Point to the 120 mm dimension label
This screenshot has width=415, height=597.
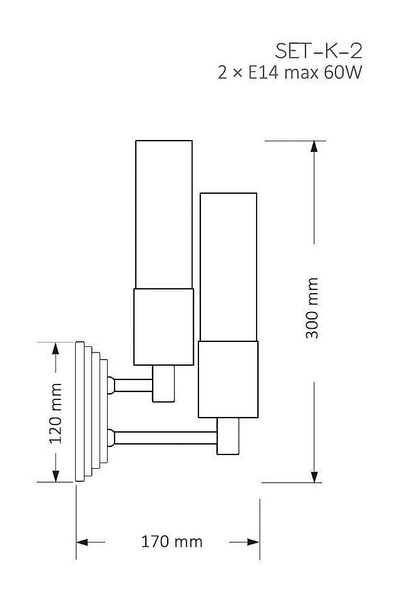[56, 413]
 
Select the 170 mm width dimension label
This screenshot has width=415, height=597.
[167, 541]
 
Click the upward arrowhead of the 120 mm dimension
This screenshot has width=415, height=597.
[56, 349]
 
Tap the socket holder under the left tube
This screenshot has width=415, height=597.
[164, 326]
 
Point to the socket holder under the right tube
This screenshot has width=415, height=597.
[228, 379]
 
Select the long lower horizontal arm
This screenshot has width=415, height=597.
[166, 437]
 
